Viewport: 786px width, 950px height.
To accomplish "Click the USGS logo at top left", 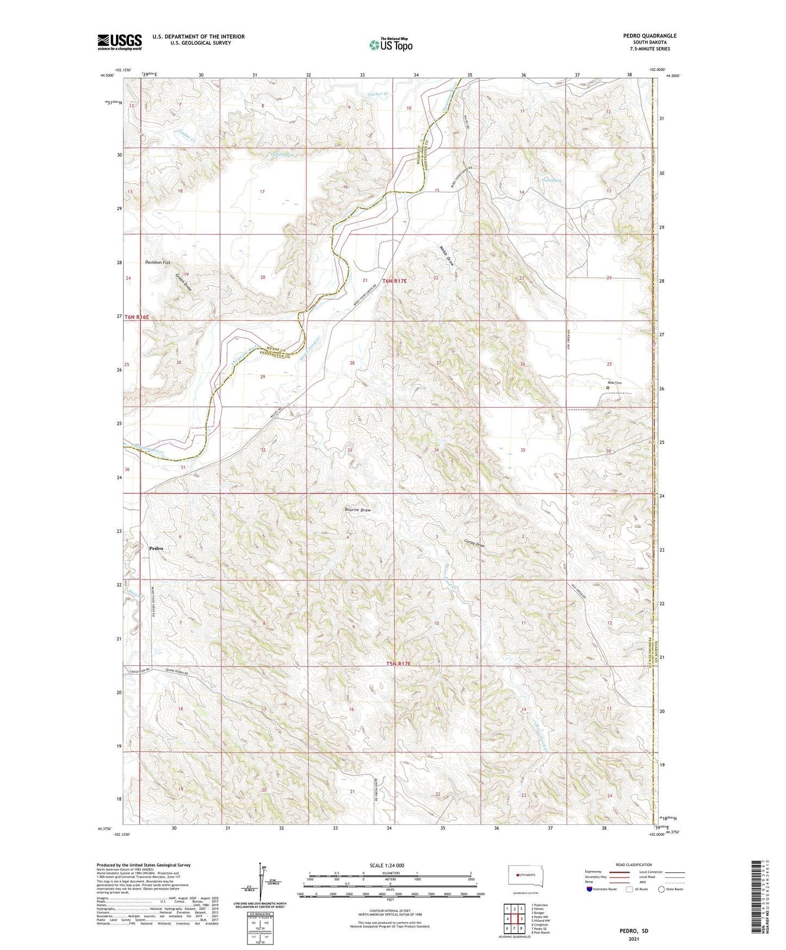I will tap(120, 42).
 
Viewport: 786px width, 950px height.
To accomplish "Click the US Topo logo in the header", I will tap(391, 45).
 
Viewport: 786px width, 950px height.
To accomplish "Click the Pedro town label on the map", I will tap(156, 548).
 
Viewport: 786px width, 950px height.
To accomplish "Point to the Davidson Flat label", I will tap(158, 262).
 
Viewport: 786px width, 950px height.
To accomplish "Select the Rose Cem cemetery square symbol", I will tap(608, 388).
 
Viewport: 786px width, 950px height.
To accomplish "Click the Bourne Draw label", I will tap(358, 510).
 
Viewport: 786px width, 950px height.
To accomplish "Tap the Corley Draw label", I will tap(474, 542).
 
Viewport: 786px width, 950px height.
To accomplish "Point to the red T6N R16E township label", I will tap(137, 317).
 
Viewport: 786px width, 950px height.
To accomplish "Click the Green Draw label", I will tap(184, 282).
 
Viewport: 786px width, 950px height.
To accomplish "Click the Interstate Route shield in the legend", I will tap(590, 889).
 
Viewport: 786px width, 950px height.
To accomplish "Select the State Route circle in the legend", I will tap(661, 889).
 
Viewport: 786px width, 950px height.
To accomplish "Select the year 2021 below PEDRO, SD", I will tap(633, 939).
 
